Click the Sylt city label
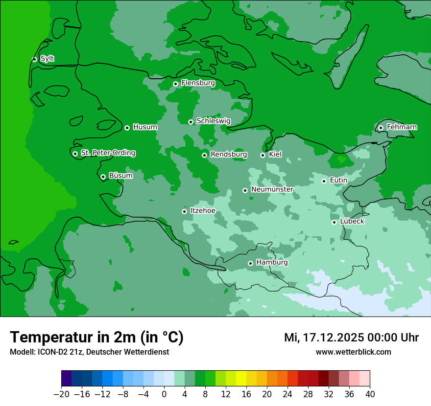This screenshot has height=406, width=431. click(47, 59)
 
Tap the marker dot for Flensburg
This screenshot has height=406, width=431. click(175, 84)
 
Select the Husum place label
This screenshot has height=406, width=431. click(145, 127)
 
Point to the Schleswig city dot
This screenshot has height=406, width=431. click(191, 122)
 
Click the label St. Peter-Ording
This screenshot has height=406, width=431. click(108, 153)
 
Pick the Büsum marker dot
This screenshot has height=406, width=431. click(103, 177)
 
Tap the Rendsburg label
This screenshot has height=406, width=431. click(228, 155)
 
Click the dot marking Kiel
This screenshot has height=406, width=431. click(263, 155)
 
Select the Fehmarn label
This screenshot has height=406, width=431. click(402, 127)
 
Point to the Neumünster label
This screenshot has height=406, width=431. click(272, 189)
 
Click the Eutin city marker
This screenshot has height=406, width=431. click(324, 181)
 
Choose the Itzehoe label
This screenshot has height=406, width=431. click(202, 211)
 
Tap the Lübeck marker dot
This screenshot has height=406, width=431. click(334, 222)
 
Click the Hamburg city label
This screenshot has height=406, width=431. click(272, 262)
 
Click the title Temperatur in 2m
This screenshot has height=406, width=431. click(96, 337)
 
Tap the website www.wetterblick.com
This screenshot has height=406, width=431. click(353, 352)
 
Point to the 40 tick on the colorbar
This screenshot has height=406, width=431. click(370, 394)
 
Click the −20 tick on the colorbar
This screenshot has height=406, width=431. click(61, 394)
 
